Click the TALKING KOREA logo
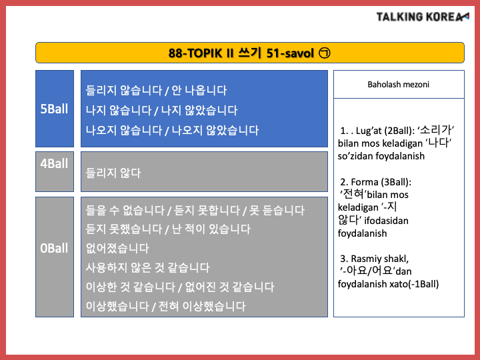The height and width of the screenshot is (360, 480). tap(423, 17)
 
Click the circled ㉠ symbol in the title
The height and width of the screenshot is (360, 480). tap(325, 53)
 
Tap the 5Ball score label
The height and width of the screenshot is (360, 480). tap(54, 109)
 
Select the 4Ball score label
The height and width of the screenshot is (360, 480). tap(54, 163)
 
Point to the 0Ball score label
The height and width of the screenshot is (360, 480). tap(54, 248)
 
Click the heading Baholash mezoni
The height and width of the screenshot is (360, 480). tap(398, 85)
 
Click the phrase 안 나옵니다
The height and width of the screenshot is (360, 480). tap(199, 90)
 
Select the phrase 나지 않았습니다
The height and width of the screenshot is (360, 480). tap(199, 110)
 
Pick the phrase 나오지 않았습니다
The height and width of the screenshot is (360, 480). tap(215, 130)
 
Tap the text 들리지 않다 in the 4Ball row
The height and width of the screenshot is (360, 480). tap(113, 173)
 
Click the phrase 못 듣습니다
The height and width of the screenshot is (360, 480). tap(277, 210)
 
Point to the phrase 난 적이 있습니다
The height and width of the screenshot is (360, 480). tap(211, 229)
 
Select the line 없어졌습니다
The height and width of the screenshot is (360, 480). tap(117, 248)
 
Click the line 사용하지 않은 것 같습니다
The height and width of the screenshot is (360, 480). tap(148, 267)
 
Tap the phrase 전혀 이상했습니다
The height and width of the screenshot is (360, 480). tap(202, 306)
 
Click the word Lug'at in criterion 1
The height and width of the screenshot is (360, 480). tap(369, 131)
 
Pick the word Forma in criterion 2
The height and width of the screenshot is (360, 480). tap(365, 182)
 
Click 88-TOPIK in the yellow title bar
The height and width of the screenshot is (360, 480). tap(195, 53)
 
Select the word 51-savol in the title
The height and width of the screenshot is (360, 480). tap(290, 53)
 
